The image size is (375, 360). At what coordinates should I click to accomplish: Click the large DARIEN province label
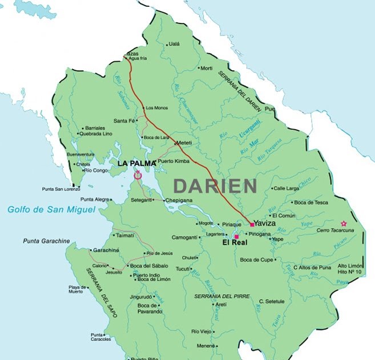(x=215, y=185)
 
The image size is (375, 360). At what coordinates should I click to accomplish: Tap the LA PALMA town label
(x=136, y=163)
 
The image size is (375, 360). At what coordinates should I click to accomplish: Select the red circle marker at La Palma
(x=137, y=176)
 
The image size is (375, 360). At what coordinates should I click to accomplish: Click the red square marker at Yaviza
(x=252, y=225)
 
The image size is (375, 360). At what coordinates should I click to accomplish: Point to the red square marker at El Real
(x=236, y=236)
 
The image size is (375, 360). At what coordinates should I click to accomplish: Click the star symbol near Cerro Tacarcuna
(x=343, y=223)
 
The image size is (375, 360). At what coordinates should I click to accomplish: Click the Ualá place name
(x=174, y=44)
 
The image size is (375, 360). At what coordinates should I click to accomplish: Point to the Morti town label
(x=205, y=68)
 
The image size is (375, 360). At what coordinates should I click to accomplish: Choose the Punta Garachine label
(x=46, y=241)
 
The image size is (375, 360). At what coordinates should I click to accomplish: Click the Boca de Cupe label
(x=258, y=260)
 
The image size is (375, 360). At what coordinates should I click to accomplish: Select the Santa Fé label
(x=124, y=121)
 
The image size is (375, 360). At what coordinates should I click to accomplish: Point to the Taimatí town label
(x=124, y=235)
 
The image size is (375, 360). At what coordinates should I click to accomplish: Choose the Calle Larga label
(x=286, y=188)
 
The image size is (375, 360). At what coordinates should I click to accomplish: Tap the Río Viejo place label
(x=201, y=331)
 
